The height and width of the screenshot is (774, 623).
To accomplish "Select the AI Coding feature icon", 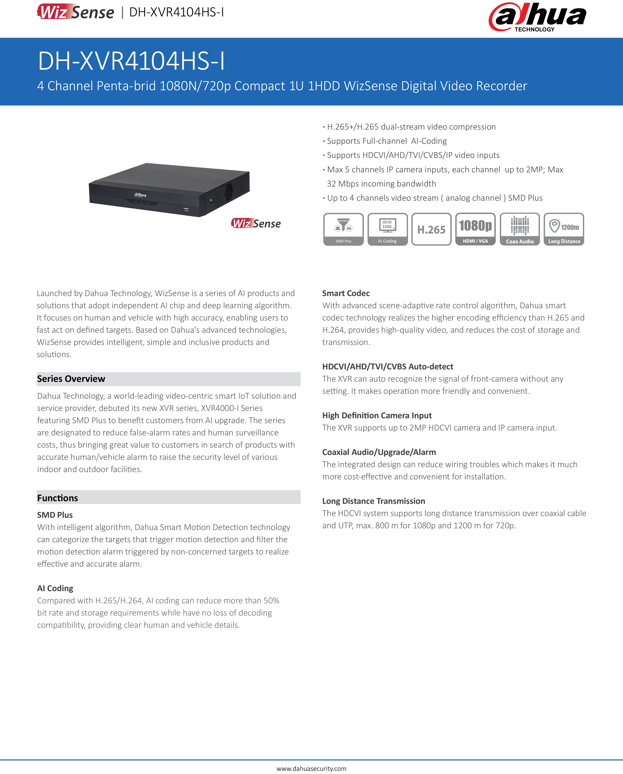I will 387,229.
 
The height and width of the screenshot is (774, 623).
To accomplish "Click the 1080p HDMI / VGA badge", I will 475,229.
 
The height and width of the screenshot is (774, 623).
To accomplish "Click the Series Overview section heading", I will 71,378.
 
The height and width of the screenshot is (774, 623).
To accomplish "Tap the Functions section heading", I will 57,498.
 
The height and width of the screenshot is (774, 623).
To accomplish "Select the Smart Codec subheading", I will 346,293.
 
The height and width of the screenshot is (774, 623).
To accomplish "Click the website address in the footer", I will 311,768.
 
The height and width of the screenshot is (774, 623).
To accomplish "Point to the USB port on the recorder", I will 185,210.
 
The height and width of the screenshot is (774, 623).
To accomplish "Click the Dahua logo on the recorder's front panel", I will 140,195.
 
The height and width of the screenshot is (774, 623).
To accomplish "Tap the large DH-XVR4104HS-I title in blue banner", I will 131,61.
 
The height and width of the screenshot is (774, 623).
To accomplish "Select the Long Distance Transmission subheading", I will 373,501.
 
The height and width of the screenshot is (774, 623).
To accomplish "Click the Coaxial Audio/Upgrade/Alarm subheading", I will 379,452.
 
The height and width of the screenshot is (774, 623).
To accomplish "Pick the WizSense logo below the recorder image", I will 256,223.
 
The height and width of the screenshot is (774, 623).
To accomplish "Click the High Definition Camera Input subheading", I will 376,415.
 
